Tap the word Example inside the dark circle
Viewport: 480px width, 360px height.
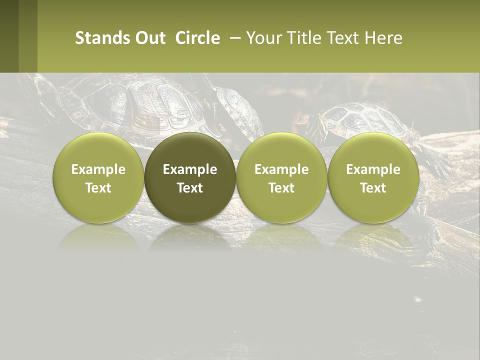click(x=190, y=169)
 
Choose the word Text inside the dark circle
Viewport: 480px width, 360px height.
click(x=190, y=188)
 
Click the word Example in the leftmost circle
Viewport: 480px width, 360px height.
click(x=98, y=169)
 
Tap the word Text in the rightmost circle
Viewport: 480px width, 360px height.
click(x=373, y=188)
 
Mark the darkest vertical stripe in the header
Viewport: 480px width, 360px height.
click(x=9, y=36)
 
